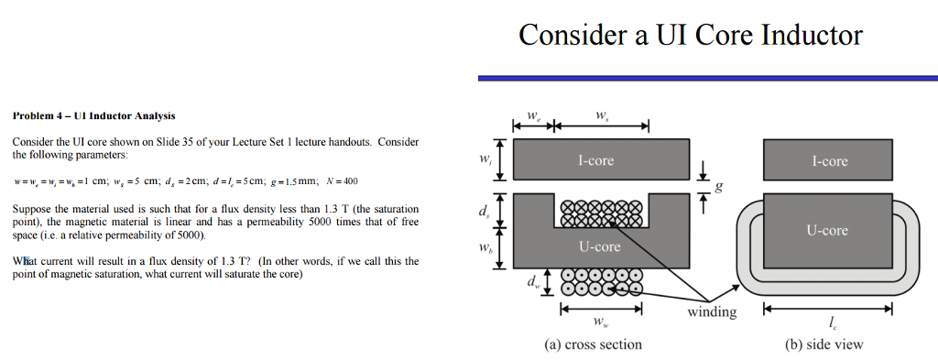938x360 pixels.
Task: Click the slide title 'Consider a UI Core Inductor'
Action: tap(690, 35)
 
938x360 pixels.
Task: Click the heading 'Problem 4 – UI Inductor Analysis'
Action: tap(93, 116)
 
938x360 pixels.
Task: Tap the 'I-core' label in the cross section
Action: tap(595, 160)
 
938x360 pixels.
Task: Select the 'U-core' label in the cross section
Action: tap(600, 246)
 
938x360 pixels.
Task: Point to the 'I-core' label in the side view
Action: tap(829, 161)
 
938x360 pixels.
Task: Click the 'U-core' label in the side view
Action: tap(827, 231)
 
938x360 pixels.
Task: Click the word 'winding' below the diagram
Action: tap(712, 312)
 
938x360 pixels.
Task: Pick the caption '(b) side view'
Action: tap(824, 344)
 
